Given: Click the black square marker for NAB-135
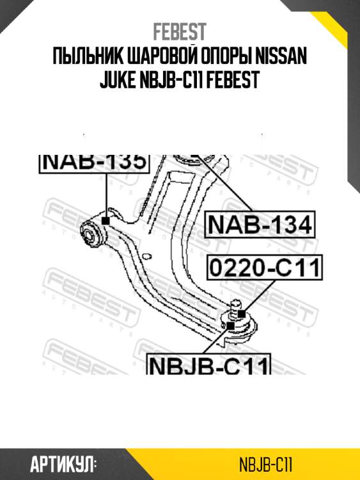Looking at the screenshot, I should [105, 220].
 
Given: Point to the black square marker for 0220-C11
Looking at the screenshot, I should [241, 313].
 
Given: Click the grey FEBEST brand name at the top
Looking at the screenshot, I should [179, 32].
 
